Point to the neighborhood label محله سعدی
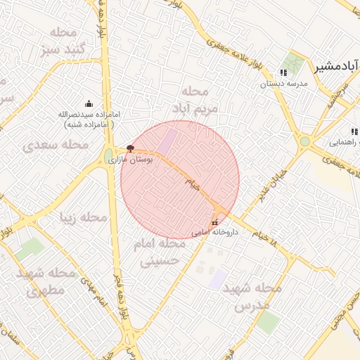click(x=56, y=144)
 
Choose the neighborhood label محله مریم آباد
click(x=195, y=100)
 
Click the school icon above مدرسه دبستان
click(x=283, y=73)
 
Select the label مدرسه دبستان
click(x=285, y=84)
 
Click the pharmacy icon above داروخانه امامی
click(x=214, y=221)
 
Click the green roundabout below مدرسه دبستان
click(x=305, y=141)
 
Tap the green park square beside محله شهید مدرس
click(x=267, y=322)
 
